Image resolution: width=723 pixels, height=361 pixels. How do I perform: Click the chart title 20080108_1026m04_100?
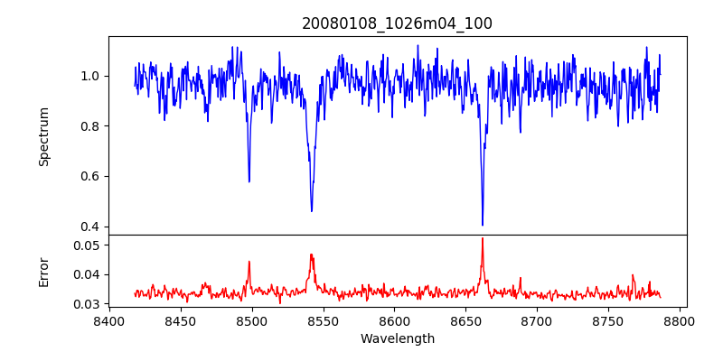397,23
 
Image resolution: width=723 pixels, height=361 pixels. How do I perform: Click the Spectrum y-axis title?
43,136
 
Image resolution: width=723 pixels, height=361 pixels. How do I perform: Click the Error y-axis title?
43,271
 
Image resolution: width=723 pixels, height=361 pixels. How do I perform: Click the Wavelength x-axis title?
397,338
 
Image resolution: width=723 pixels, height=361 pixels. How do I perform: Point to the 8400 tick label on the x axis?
108,320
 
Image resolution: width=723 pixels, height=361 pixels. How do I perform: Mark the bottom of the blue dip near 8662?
483,225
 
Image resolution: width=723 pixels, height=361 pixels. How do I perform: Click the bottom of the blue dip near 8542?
312,211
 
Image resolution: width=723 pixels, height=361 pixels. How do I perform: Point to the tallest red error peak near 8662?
483,238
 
